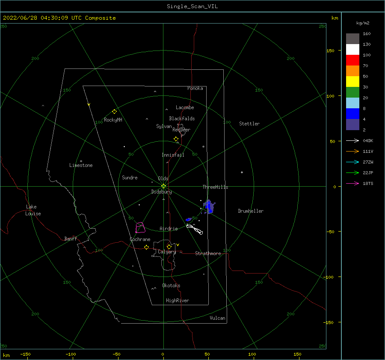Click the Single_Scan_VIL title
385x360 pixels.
192,6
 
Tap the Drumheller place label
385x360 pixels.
251,211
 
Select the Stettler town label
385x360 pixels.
249,124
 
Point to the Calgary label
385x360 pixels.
167,252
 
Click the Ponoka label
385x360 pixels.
195,88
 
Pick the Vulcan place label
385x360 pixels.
217,318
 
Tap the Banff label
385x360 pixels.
71,238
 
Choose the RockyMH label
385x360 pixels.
113,120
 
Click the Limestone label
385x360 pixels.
81,165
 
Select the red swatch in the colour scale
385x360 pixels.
352,60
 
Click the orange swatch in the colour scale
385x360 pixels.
352,71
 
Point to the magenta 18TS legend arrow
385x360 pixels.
352,183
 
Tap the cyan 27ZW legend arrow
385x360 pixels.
352,162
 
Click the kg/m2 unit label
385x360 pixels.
363,23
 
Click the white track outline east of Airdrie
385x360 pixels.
195,229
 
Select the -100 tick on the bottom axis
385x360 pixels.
71,354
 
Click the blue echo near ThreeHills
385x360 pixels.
209,207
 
